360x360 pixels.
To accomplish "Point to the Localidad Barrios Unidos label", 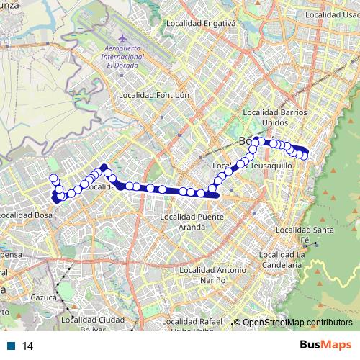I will pos(276,117).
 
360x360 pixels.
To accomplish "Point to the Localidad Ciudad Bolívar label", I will pos(93,325).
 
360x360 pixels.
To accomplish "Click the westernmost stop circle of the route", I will pos(53,179).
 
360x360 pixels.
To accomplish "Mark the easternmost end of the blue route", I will pos(307,153).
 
